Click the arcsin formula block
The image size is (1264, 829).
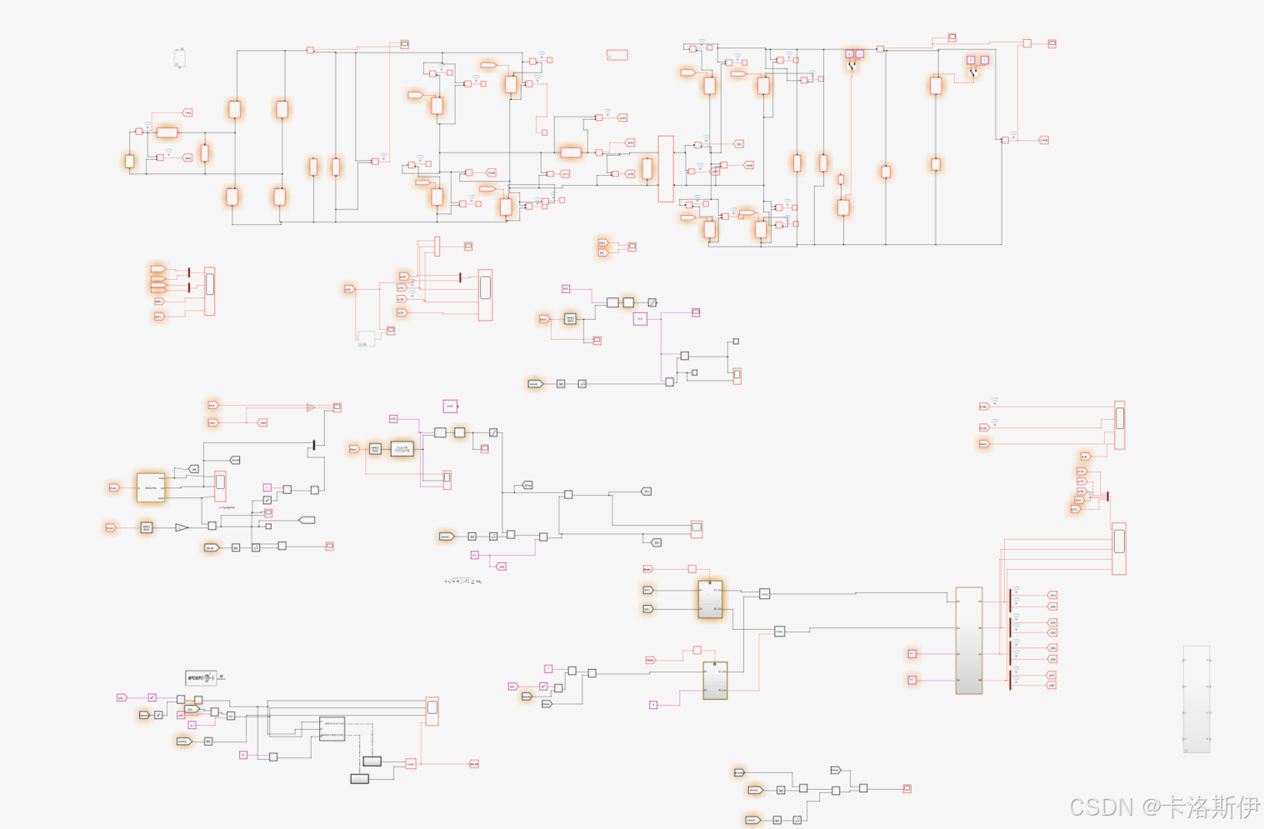point(200,678)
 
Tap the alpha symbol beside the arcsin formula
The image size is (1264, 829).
point(221,677)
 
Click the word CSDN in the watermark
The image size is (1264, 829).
point(1101,807)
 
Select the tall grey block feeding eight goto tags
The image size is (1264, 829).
point(968,640)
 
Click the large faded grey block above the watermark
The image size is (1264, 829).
point(1196,699)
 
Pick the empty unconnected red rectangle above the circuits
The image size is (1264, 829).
point(617,55)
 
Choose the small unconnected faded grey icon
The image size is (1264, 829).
point(179,58)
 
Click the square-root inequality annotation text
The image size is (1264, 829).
point(462,581)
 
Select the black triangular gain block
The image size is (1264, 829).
point(182,527)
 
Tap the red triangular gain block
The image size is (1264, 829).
point(310,407)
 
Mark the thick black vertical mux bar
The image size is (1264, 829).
point(313,446)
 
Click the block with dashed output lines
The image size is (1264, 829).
point(332,728)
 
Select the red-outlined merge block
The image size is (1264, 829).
point(410,763)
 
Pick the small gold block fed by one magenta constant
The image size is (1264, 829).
point(715,681)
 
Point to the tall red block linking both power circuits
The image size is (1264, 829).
point(665,169)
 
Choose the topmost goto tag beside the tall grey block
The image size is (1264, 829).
point(1052,595)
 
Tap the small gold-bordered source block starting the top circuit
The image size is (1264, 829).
point(129,162)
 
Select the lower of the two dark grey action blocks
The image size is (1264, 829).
point(359,778)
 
